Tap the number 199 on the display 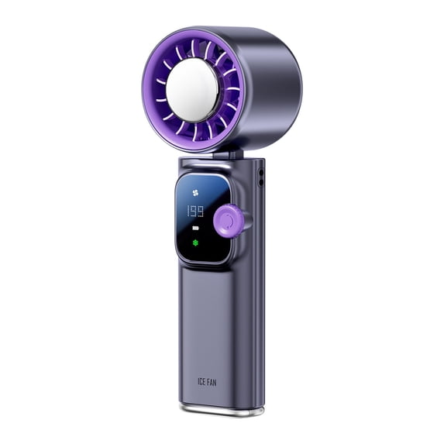point(194,212)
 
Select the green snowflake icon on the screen point(194,242)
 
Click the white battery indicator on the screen point(194,228)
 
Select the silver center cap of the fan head point(192,90)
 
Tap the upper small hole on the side point(260,171)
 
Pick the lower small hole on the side point(260,183)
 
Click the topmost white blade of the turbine point(194,48)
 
